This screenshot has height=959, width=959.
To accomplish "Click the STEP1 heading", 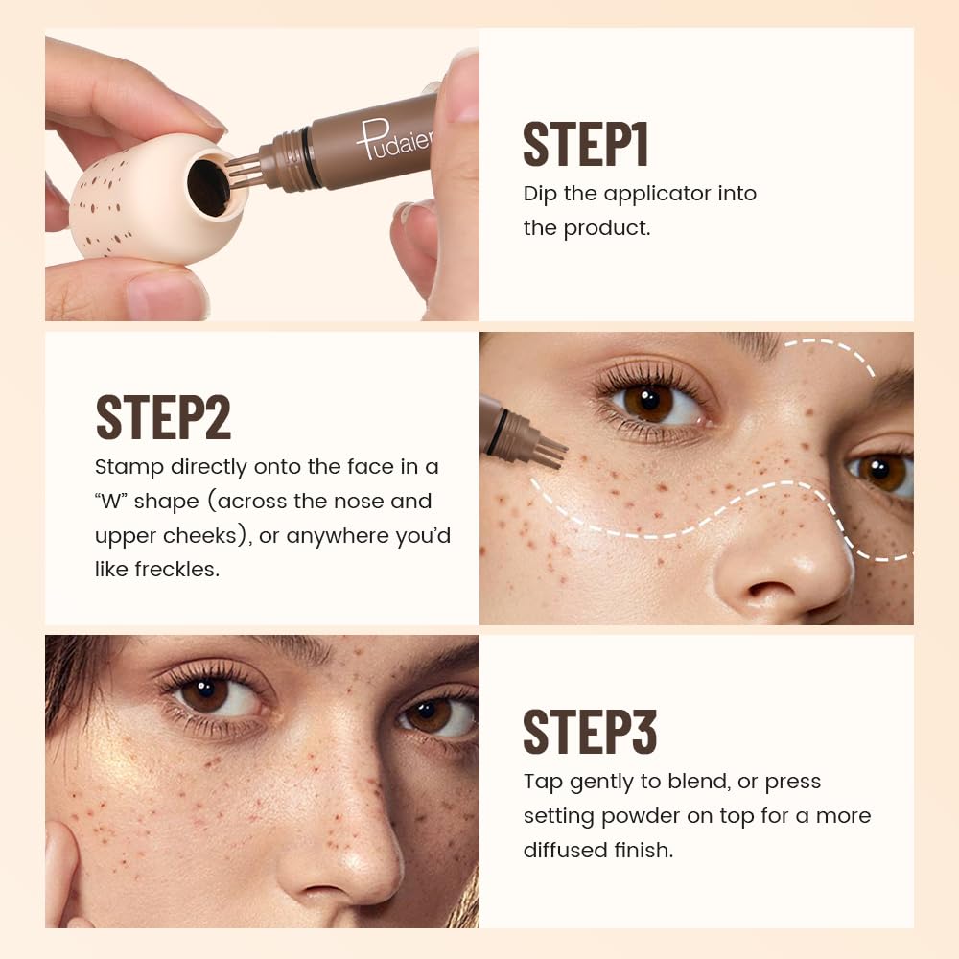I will coord(586,145).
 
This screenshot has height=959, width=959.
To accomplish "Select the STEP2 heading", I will coord(163,417).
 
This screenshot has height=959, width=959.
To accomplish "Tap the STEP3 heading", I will coord(590,733).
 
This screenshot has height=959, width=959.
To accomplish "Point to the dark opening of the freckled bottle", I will coord(208,186).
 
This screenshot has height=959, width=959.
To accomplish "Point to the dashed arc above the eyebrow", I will coord(834,349).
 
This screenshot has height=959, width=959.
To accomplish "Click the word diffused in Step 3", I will coord(568,850).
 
